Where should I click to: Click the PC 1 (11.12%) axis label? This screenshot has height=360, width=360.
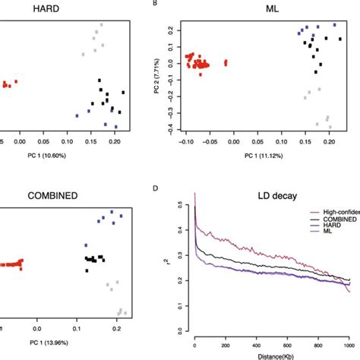(x=257, y=156)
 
